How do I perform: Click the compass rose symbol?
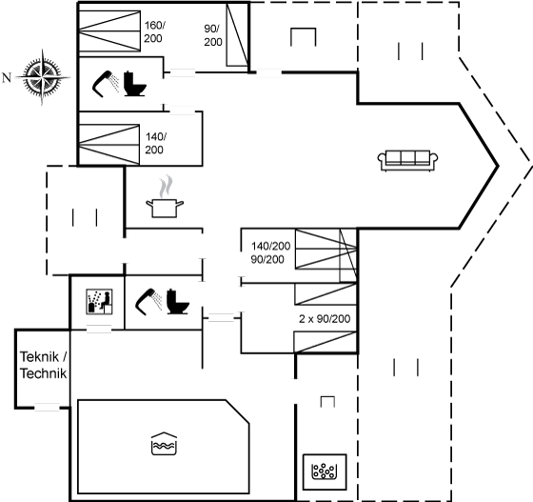[x=42, y=77]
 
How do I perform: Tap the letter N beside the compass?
[x=7, y=78]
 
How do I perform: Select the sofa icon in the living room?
[x=407, y=160]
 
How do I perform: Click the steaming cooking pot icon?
[x=165, y=196]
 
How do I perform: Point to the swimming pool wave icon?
[x=164, y=444]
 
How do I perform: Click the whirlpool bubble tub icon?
[x=324, y=472]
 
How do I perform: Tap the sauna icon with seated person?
[x=99, y=302]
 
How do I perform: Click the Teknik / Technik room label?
[x=43, y=365]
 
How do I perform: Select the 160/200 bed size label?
[x=154, y=31]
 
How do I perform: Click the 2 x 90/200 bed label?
[x=325, y=319]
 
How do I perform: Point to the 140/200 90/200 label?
[x=270, y=252]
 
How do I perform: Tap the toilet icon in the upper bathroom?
[x=134, y=84]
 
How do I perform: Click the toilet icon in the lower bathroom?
[x=177, y=301]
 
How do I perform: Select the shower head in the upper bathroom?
[x=106, y=84]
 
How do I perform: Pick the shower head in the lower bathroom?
[x=148, y=300]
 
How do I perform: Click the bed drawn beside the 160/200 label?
[x=109, y=31]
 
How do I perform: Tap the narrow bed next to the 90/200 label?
[x=237, y=34]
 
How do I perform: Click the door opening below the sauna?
[x=99, y=329]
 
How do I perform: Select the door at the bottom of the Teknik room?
[x=47, y=407]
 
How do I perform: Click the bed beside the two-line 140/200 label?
[x=109, y=145]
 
